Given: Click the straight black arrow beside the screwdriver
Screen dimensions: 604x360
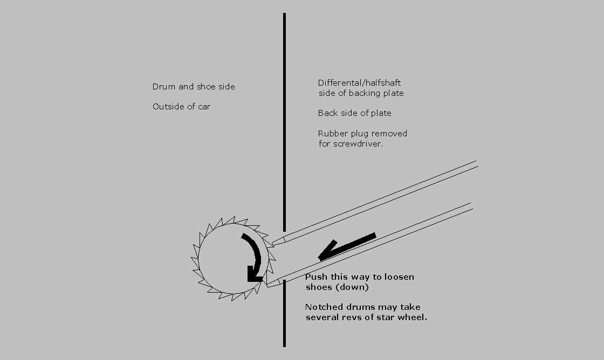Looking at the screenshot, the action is tap(347, 247).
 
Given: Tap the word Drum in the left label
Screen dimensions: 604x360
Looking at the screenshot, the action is tap(161, 87).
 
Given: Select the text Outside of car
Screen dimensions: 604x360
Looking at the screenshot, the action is tap(181, 107).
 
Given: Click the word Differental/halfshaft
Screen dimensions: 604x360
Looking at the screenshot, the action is tap(359, 83).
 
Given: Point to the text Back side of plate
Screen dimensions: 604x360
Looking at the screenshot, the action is tap(354, 113).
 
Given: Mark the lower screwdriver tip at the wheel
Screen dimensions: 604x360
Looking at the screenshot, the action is tap(266, 285).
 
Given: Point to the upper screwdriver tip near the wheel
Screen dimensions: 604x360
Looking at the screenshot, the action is tap(272, 244).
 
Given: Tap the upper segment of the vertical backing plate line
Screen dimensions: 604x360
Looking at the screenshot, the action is tap(284, 122).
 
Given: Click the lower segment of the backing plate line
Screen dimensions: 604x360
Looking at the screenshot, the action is tap(284, 314).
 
